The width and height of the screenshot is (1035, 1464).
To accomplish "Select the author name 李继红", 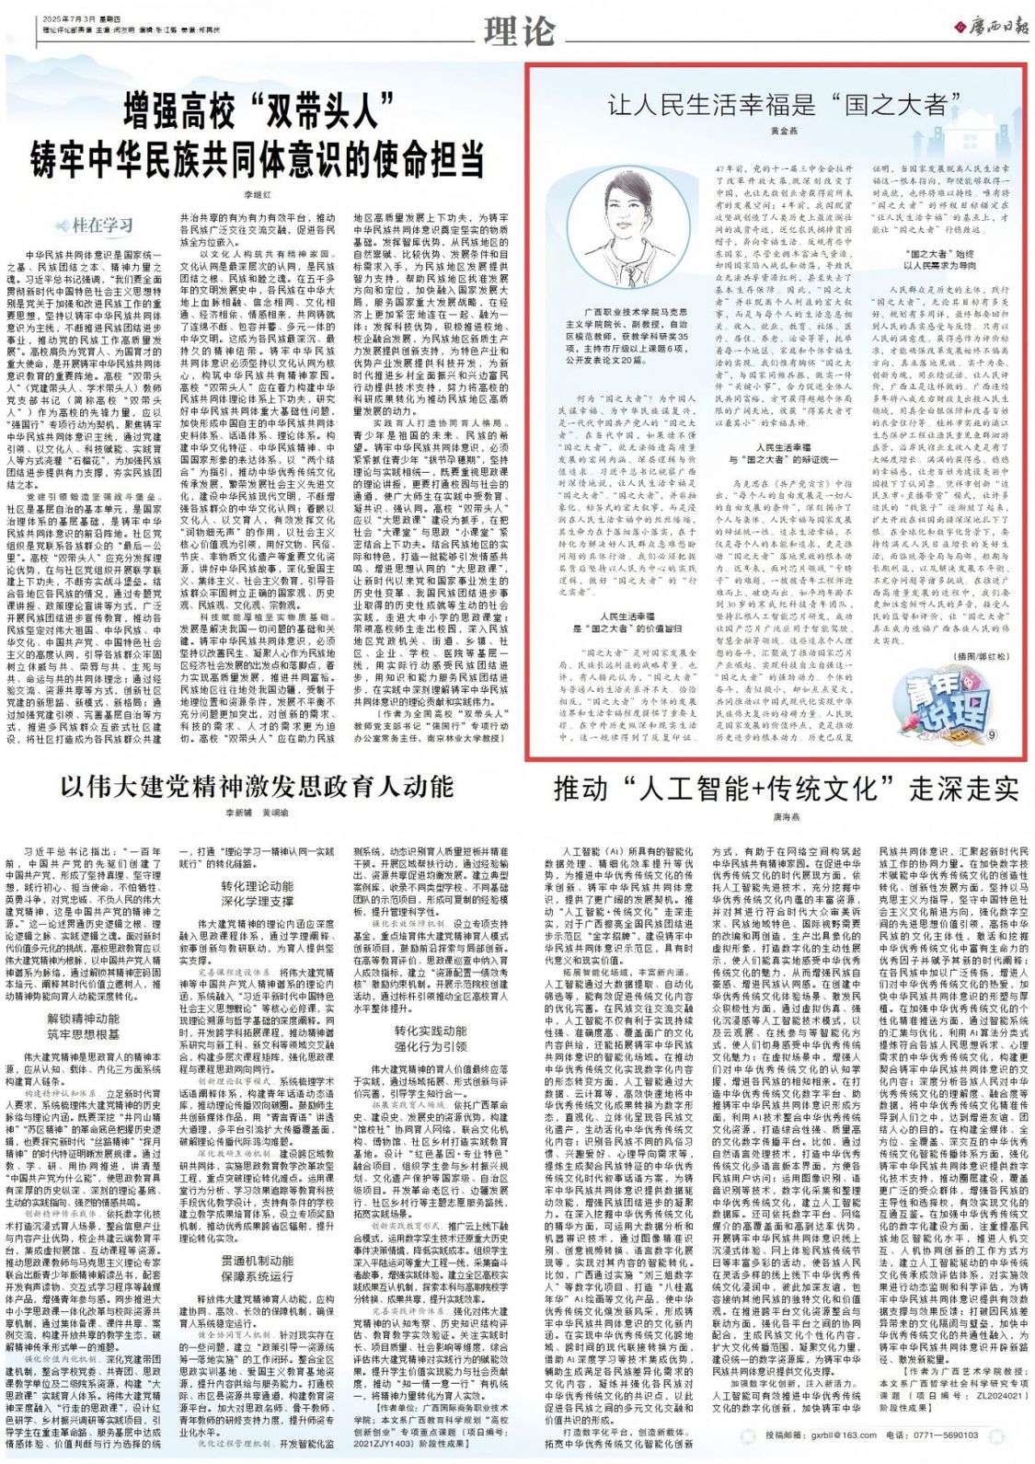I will (259, 195).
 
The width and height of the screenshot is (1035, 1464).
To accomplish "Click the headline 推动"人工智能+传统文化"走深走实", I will (785, 789).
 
